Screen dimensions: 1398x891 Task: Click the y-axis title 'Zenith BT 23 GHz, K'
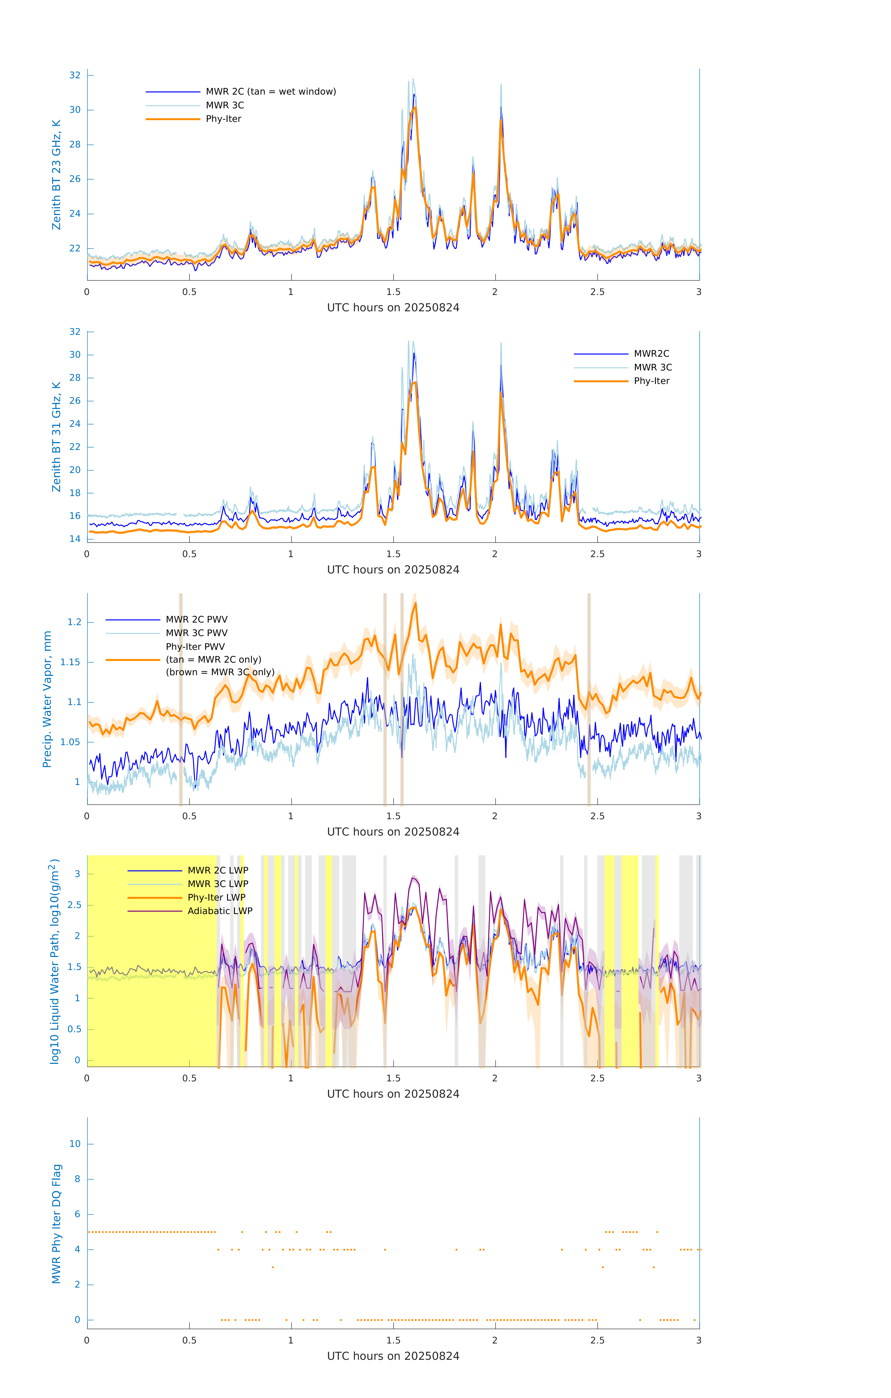[x=56, y=175]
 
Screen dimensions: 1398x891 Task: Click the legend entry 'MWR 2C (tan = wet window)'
[x=270, y=92]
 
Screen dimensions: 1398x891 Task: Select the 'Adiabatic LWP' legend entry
[x=220, y=911]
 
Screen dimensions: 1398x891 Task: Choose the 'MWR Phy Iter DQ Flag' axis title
[x=56, y=1224]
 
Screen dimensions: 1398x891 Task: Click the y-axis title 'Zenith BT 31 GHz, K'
[x=56, y=437]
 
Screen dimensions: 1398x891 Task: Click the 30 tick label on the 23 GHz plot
[x=75, y=110]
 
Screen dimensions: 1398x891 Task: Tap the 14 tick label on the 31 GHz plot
[x=75, y=539]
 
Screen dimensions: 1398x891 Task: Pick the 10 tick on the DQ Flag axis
[x=75, y=1144]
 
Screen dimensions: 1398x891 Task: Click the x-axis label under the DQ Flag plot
[x=393, y=1356]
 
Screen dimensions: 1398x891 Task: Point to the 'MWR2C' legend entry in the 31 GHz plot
[x=651, y=353]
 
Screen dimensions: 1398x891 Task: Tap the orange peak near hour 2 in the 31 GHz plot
[x=500, y=393]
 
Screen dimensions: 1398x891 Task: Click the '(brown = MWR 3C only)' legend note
[x=220, y=672]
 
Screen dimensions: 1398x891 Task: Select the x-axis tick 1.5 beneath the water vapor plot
[x=393, y=816]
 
